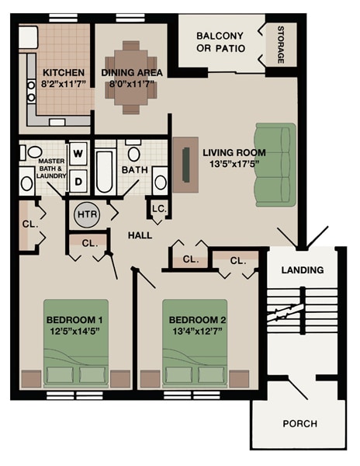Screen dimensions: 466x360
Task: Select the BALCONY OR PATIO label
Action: coord(220,42)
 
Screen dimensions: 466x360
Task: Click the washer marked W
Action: coord(78,153)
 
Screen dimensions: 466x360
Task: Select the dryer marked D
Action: coord(78,181)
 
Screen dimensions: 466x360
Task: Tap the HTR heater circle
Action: coord(85,212)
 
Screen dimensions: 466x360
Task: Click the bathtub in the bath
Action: coord(105,170)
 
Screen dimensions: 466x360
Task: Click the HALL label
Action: coord(140,235)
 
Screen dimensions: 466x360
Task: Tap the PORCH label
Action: coord(299,423)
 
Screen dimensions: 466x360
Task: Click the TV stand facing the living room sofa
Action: coord(185,164)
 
